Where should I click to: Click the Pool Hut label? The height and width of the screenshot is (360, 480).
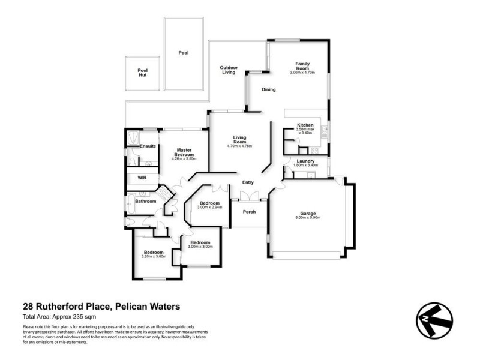pyautogui.click(x=142, y=73)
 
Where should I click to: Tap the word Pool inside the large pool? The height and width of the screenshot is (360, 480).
pyautogui.click(x=183, y=53)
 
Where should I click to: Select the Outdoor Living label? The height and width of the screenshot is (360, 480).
pyautogui.click(x=228, y=70)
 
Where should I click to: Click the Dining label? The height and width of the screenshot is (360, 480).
pyautogui.click(x=268, y=90)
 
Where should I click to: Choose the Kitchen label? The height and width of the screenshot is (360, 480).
pyautogui.click(x=305, y=125)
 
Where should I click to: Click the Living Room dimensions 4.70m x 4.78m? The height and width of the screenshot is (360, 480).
pyautogui.click(x=239, y=146)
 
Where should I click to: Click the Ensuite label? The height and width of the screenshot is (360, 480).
pyautogui.click(x=148, y=146)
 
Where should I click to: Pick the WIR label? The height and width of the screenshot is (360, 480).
pyautogui.click(x=142, y=178)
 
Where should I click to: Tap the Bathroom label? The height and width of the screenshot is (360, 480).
pyautogui.click(x=145, y=201)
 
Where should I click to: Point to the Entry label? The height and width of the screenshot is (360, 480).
pyautogui.click(x=248, y=182)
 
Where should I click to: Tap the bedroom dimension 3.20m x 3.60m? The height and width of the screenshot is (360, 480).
pyautogui.click(x=154, y=256)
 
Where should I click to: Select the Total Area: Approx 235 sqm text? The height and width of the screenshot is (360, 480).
pyautogui.click(x=59, y=316)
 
